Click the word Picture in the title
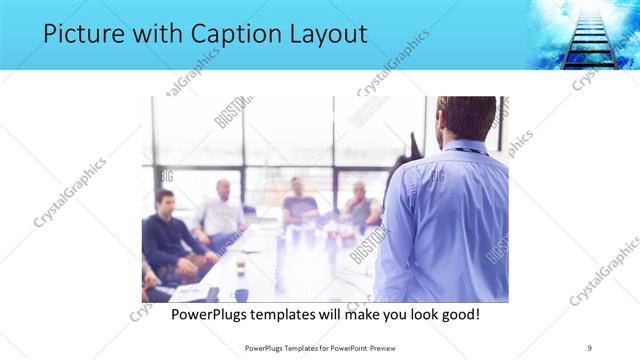click(x=79, y=35)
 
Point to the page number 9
click(x=590, y=347)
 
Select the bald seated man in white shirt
click(x=222, y=211)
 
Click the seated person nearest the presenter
click(x=362, y=204)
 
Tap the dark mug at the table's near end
click(x=241, y=295)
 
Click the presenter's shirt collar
click(x=463, y=147)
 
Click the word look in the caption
click(x=415, y=314)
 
